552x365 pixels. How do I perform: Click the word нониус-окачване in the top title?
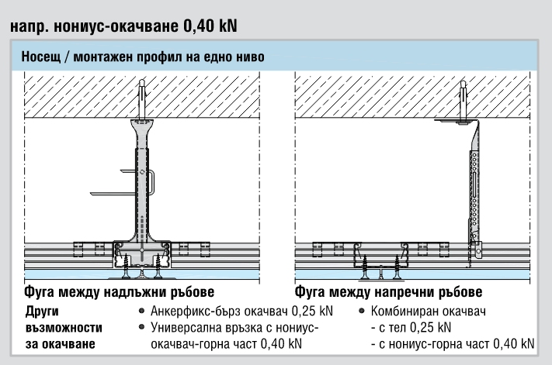click(x=109, y=26)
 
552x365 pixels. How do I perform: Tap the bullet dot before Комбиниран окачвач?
click(x=364, y=312)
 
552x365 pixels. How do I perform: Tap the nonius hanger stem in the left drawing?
click(x=142, y=186)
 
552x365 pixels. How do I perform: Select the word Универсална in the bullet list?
click(x=186, y=328)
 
